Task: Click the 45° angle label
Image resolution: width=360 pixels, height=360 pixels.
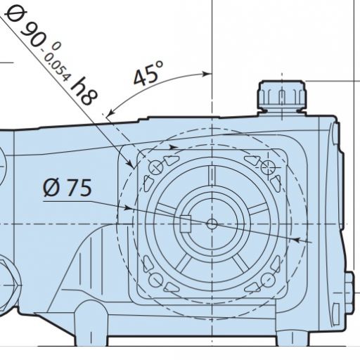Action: (x=148, y=73)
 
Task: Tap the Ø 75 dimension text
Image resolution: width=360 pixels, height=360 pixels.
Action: (x=67, y=188)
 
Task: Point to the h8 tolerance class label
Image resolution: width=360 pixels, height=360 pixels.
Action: (x=84, y=91)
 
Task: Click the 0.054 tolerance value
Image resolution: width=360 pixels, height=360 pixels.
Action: (x=56, y=65)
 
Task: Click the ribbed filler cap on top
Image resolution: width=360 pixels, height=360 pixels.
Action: (x=282, y=97)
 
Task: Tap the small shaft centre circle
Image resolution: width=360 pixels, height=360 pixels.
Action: (x=212, y=224)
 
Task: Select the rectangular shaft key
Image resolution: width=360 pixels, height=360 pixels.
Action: (x=186, y=224)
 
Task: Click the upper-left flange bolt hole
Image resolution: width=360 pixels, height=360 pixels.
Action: (x=156, y=167)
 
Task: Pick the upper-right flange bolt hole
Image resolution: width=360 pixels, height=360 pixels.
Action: (x=268, y=167)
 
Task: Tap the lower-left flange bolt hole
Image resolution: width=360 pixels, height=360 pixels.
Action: (x=156, y=280)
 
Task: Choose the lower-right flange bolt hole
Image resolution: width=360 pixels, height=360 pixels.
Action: (x=268, y=280)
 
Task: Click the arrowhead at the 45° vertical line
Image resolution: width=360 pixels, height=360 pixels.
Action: (x=207, y=74)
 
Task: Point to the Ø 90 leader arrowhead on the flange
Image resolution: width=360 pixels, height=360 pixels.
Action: (x=131, y=164)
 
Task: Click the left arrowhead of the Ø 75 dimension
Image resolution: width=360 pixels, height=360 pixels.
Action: (x=128, y=207)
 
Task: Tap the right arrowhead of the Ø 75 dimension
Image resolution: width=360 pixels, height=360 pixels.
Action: (x=297, y=240)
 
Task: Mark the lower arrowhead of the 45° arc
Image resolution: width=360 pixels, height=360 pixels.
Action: (x=110, y=112)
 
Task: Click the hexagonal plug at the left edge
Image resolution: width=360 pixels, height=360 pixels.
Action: (x=9, y=285)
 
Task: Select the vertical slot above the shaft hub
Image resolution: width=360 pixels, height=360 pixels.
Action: (x=212, y=175)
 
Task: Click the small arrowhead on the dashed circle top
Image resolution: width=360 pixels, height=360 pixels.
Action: (x=174, y=148)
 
